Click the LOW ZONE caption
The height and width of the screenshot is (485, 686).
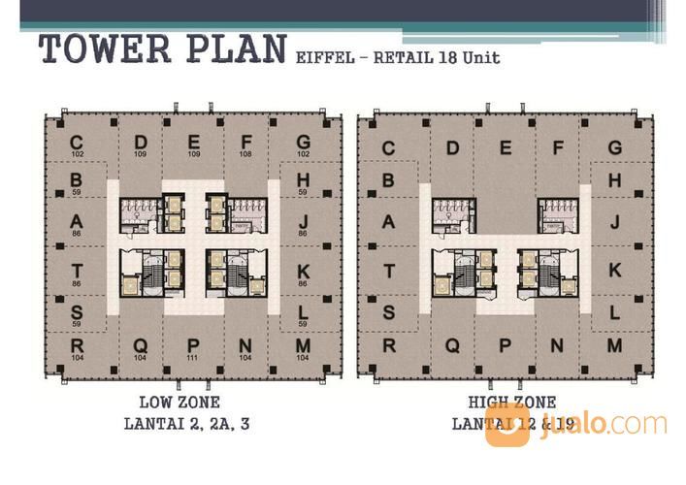180,402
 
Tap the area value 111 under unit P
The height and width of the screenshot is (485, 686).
193,358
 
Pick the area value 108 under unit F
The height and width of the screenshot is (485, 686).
245,153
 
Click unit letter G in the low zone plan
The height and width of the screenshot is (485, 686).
303,143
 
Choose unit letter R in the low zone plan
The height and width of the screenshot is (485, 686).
76,346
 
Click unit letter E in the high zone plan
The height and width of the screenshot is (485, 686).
506,148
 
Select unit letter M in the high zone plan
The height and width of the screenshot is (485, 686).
614,346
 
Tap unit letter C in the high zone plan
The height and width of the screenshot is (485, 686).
389,148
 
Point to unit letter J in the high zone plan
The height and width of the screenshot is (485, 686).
614,221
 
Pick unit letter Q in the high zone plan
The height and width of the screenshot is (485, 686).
452,346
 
